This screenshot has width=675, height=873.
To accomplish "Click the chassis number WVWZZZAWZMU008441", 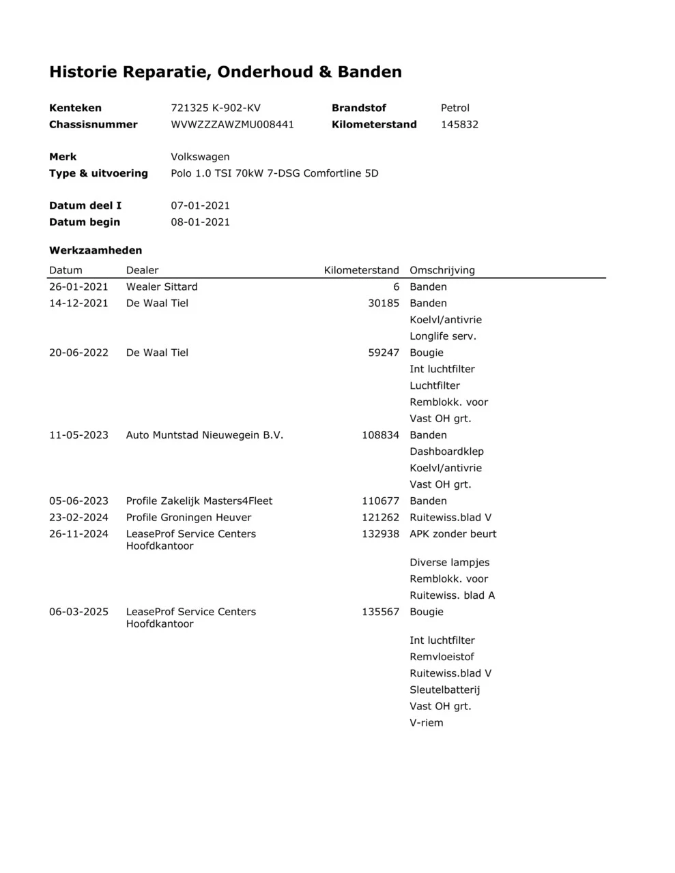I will (232, 124).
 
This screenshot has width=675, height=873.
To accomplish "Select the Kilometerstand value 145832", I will (459, 124).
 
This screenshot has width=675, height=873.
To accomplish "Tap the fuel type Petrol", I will (455, 108).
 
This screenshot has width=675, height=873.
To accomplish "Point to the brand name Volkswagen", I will (200, 157).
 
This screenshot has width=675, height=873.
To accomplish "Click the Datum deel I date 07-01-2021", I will (200, 205).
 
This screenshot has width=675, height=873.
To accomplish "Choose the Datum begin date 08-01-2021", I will (200, 222).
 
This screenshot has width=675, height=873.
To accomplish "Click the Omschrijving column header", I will (442, 270).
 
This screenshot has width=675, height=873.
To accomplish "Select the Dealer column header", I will (142, 270).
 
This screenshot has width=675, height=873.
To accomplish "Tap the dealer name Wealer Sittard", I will (162, 286).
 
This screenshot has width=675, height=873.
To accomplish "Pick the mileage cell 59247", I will (384, 353).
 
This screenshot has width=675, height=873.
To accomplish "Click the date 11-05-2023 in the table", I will (78, 435).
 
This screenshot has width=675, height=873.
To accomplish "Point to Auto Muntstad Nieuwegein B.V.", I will (205, 435).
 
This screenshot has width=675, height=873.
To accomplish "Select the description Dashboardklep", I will (446, 452).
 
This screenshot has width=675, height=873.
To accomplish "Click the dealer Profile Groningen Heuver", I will (188, 518).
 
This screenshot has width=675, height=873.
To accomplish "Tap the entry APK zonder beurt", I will (453, 534).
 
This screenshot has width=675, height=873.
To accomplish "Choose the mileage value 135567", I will (380, 612).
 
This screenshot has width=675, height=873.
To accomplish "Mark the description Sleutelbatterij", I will (445, 690).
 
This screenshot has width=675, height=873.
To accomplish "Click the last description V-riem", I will (427, 723).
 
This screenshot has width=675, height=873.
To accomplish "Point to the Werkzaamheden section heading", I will (96, 250).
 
